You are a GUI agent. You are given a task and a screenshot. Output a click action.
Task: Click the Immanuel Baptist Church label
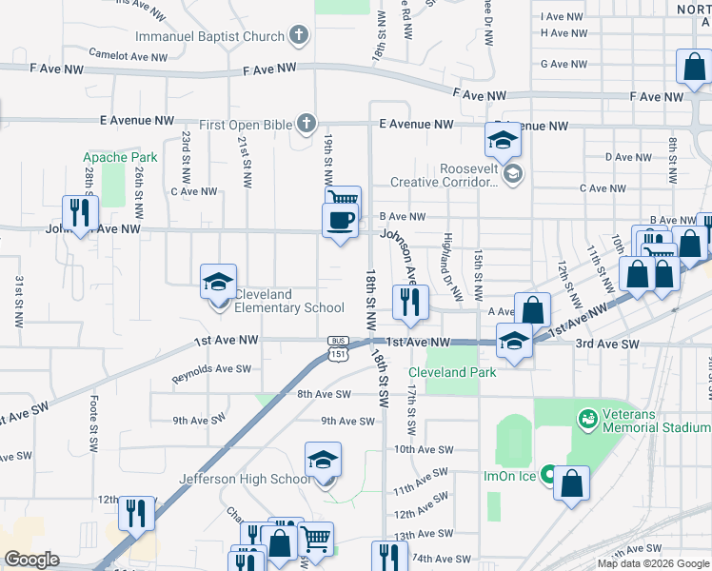209,37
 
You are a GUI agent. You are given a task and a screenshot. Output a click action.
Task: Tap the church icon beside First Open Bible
307,124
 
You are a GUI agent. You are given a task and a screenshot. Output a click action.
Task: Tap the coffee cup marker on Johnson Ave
341,222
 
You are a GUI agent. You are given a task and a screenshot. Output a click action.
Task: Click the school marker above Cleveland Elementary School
218,282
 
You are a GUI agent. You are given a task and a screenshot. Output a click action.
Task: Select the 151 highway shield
339,353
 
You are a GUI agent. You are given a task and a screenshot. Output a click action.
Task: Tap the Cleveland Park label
452,372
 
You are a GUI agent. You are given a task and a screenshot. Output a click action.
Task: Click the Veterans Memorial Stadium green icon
587,417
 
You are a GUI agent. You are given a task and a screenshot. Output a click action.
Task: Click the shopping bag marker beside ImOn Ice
571,483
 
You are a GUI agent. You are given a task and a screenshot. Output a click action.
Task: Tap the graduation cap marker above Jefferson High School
323,461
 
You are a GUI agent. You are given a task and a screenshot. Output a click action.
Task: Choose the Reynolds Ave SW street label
211,374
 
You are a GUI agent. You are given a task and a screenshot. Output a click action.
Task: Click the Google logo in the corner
30,560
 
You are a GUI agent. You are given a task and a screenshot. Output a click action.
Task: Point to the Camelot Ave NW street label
127,55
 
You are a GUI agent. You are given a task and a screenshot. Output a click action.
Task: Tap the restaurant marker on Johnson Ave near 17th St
410,303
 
